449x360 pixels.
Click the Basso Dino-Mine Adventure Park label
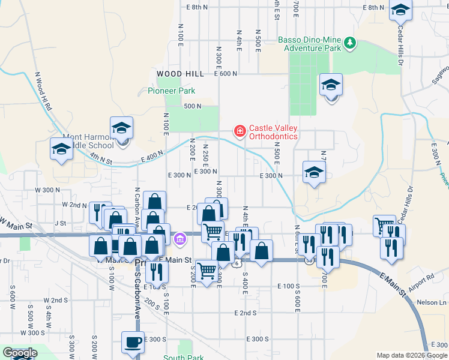point(309,44)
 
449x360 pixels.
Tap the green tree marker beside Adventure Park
point(349,43)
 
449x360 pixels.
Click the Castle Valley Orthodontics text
point(273,132)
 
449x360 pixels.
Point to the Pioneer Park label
point(172,91)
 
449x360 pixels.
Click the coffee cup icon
point(133,342)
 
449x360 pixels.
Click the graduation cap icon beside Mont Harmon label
point(121,128)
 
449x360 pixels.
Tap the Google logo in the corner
point(19,353)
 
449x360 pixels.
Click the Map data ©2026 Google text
point(411,355)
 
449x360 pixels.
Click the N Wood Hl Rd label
point(43,91)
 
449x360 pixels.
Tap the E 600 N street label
point(226,73)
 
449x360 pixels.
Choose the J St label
point(60,223)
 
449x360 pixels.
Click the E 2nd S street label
point(246,313)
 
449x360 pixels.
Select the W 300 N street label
point(47,190)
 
